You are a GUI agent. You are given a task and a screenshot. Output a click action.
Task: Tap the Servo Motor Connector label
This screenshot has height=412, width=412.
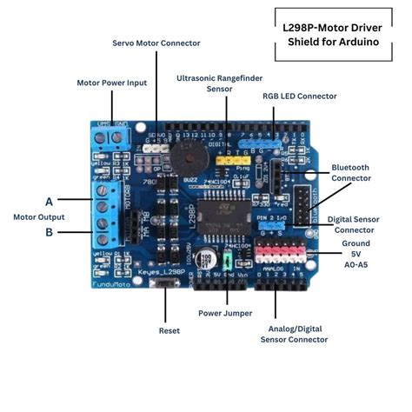156,43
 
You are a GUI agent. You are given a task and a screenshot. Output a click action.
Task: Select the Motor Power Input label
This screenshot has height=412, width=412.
111,83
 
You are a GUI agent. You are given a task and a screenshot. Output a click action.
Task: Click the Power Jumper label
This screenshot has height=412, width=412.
226,313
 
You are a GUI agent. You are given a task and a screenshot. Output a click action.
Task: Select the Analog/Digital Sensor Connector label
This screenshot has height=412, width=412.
295,334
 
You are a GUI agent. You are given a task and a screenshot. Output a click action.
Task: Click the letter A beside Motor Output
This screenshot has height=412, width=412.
49,200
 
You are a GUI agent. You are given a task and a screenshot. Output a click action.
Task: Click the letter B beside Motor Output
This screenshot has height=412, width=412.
49,232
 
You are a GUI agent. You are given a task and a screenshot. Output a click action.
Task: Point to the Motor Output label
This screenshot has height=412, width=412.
39,216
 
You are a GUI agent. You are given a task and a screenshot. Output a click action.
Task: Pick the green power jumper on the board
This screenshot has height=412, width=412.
226,262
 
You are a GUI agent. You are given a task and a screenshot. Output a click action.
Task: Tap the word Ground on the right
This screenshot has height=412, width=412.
356,243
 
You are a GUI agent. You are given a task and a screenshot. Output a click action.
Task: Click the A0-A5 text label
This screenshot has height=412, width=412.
356,263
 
